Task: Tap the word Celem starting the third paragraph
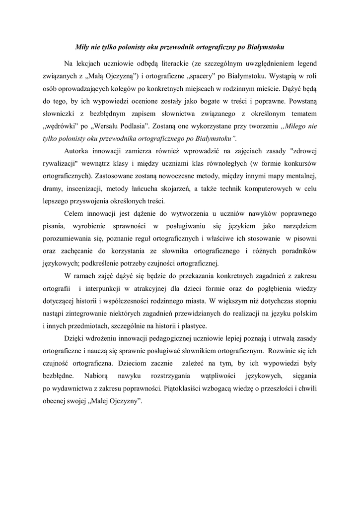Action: coord(74,214)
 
